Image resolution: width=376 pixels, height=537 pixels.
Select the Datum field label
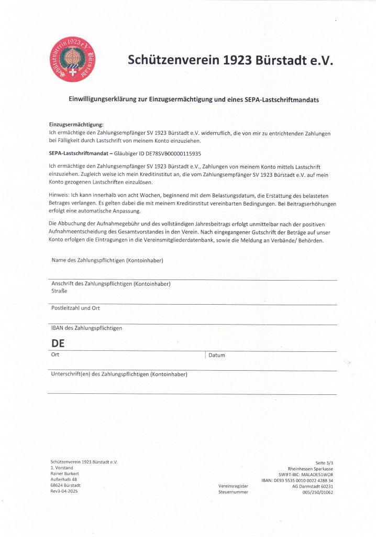[x=217, y=356]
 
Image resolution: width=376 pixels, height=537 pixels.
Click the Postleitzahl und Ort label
[x=75, y=308]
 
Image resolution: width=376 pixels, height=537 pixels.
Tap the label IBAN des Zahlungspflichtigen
[x=86, y=328]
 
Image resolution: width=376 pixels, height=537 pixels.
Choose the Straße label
[x=59, y=291]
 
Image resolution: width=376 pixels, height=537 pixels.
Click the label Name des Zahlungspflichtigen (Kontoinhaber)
[x=110, y=260]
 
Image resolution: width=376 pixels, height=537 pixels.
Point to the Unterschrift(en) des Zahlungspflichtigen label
[x=119, y=374]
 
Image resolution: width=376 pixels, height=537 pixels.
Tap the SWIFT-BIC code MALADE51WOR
[x=316, y=474]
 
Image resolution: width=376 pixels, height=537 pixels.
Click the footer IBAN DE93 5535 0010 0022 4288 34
[x=297, y=480]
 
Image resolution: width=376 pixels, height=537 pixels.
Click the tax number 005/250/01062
[x=317, y=492]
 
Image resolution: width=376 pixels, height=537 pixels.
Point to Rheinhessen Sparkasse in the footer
[x=311, y=468]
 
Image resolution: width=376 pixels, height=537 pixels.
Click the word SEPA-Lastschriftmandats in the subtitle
[x=282, y=99]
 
